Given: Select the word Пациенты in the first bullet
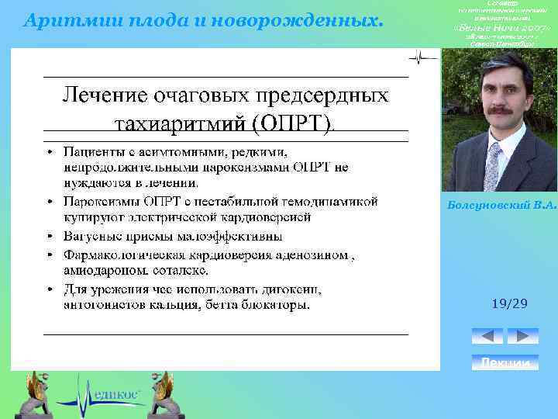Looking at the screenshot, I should (x=92, y=150).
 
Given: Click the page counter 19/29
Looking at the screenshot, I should (x=509, y=303).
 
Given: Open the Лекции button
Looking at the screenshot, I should (x=505, y=362).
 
